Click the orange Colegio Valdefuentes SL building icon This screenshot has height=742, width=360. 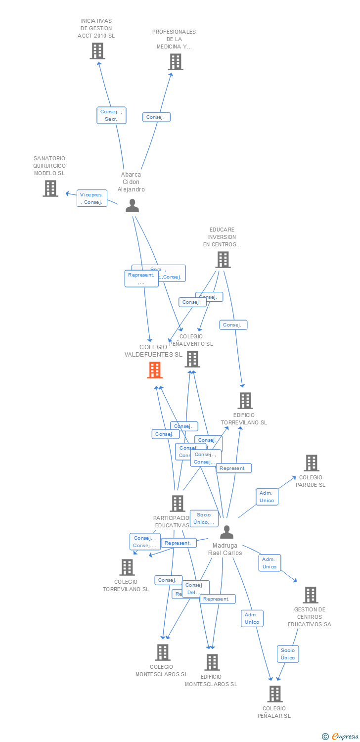point(155,370)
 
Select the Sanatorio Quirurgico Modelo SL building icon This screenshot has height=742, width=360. point(50,188)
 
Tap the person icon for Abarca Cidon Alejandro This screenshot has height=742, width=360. point(132,205)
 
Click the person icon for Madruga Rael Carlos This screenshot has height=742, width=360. point(226,532)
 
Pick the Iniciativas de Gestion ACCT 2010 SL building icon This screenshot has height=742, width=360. point(97,51)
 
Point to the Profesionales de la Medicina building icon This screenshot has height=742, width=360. point(176,62)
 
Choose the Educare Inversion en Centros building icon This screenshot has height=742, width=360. point(223,260)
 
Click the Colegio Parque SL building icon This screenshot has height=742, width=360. point(311,463)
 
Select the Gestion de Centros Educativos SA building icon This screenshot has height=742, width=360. point(310,595)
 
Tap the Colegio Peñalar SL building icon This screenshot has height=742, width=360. point(275,694)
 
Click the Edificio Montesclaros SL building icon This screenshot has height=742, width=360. point(212,662)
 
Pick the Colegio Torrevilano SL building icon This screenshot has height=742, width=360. point(127,567)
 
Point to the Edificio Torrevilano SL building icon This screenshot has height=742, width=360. point(245,401)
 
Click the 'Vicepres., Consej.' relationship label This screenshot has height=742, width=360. point(92,198)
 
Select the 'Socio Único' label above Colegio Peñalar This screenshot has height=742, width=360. point(288,654)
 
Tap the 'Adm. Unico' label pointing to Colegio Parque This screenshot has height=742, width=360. point(267,497)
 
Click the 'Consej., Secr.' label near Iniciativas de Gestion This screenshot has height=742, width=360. point(111,115)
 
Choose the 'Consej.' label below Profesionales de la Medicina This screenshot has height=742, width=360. point(156,117)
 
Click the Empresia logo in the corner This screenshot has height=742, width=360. point(341,737)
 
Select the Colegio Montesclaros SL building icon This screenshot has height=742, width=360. point(163,652)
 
